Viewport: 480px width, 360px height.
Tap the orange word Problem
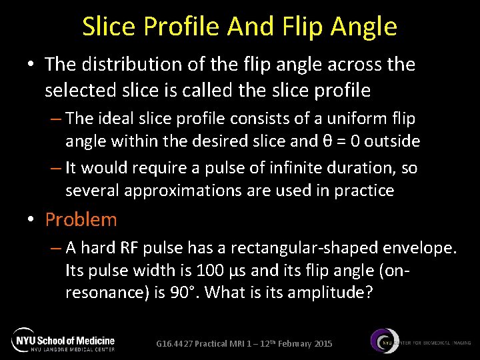pos(81,219)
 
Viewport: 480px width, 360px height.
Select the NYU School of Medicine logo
pos(63,341)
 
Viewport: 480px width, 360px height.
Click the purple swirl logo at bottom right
pos(384,341)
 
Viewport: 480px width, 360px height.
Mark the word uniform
pos(356,119)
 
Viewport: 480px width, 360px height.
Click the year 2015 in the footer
pos(321,344)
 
